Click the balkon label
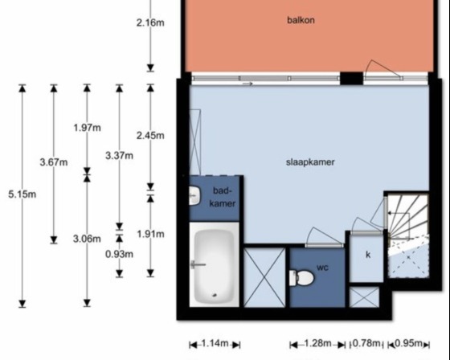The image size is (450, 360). pyautogui.click(x=301, y=20)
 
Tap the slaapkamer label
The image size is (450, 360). pyautogui.click(x=310, y=162)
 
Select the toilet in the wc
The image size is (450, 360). pyautogui.click(x=301, y=278)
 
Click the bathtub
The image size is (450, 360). pyautogui.click(x=214, y=265)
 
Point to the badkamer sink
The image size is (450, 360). pyautogui.click(x=194, y=196)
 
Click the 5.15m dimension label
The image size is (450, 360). pyautogui.click(x=22, y=194)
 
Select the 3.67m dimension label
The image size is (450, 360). pyautogui.click(x=54, y=162)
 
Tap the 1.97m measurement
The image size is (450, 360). pyautogui.click(x=88, y=128)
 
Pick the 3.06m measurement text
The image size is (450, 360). pyautogui.click(x=87, y=239)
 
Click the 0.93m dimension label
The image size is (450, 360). pyautogui.click(x=119, y=254)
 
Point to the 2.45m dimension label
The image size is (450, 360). pyautogui.click(x=150, y=136)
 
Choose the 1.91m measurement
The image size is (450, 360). pyautogui.click(x=151, y=235)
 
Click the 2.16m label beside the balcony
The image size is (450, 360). pyautogui.click(x=150, y=22)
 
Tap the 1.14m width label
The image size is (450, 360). pyautogui.click(x=215, y=343)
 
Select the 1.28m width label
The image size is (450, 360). pyautogui.click(x=317, y=343)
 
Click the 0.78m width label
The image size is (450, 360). pyautogui.click(x=366, y=343)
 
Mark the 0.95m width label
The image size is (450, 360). pyautogui.click(x=409, y=343)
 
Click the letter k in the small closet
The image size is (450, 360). pyautogui.click(x=368, y=255)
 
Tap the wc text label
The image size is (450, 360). pyautogui.click(x=322, y=268)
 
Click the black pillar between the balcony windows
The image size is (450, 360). pyautogui.click(x=352, y=79)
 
